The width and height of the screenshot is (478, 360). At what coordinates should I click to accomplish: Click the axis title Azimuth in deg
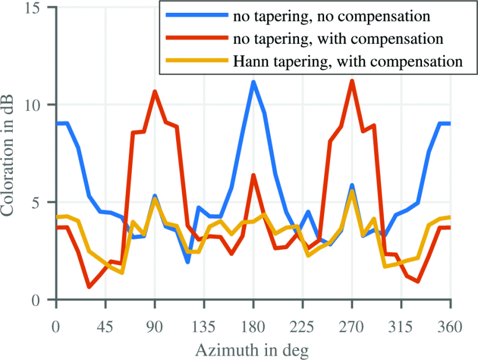[252, 350]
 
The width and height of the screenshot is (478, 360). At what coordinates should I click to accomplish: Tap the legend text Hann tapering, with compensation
[347, 61]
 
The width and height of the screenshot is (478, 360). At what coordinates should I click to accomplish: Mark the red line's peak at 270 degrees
[352, 80]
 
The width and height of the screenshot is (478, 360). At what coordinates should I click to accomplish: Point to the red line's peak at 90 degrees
[155, 91]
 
